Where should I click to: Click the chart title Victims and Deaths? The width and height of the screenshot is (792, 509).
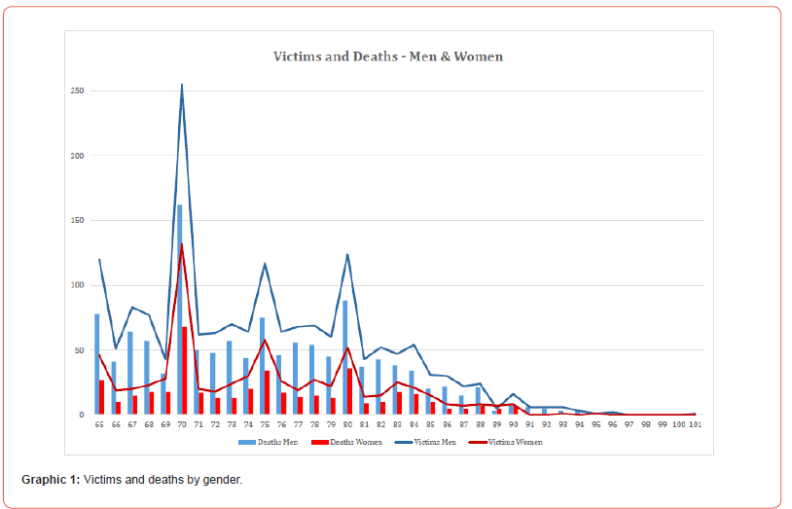388,56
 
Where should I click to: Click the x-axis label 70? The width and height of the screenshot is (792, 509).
181,424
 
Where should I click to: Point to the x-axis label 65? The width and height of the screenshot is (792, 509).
98,424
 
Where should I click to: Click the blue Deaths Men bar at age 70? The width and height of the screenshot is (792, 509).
179,292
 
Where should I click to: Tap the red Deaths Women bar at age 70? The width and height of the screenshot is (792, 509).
185,370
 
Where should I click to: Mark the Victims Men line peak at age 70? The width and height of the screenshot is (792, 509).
182,85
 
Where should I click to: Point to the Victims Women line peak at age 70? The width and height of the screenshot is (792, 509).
182,244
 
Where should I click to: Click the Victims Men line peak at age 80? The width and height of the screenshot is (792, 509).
347,255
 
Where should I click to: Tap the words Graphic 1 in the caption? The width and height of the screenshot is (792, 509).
50,480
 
